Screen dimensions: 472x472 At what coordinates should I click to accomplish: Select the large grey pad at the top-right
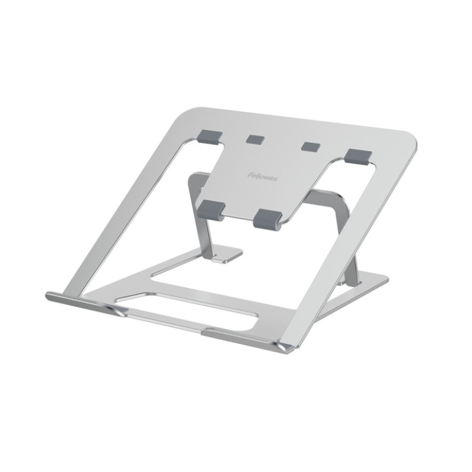[357, 155]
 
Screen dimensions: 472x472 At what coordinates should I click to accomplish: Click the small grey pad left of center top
[255, 139]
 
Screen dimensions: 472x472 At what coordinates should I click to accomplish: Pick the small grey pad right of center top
[310, 146]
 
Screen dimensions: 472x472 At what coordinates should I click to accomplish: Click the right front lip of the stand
[249, 338]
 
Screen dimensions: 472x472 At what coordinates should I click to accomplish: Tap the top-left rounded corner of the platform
[193, 112]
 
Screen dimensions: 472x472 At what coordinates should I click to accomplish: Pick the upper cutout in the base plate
[216, 273]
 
